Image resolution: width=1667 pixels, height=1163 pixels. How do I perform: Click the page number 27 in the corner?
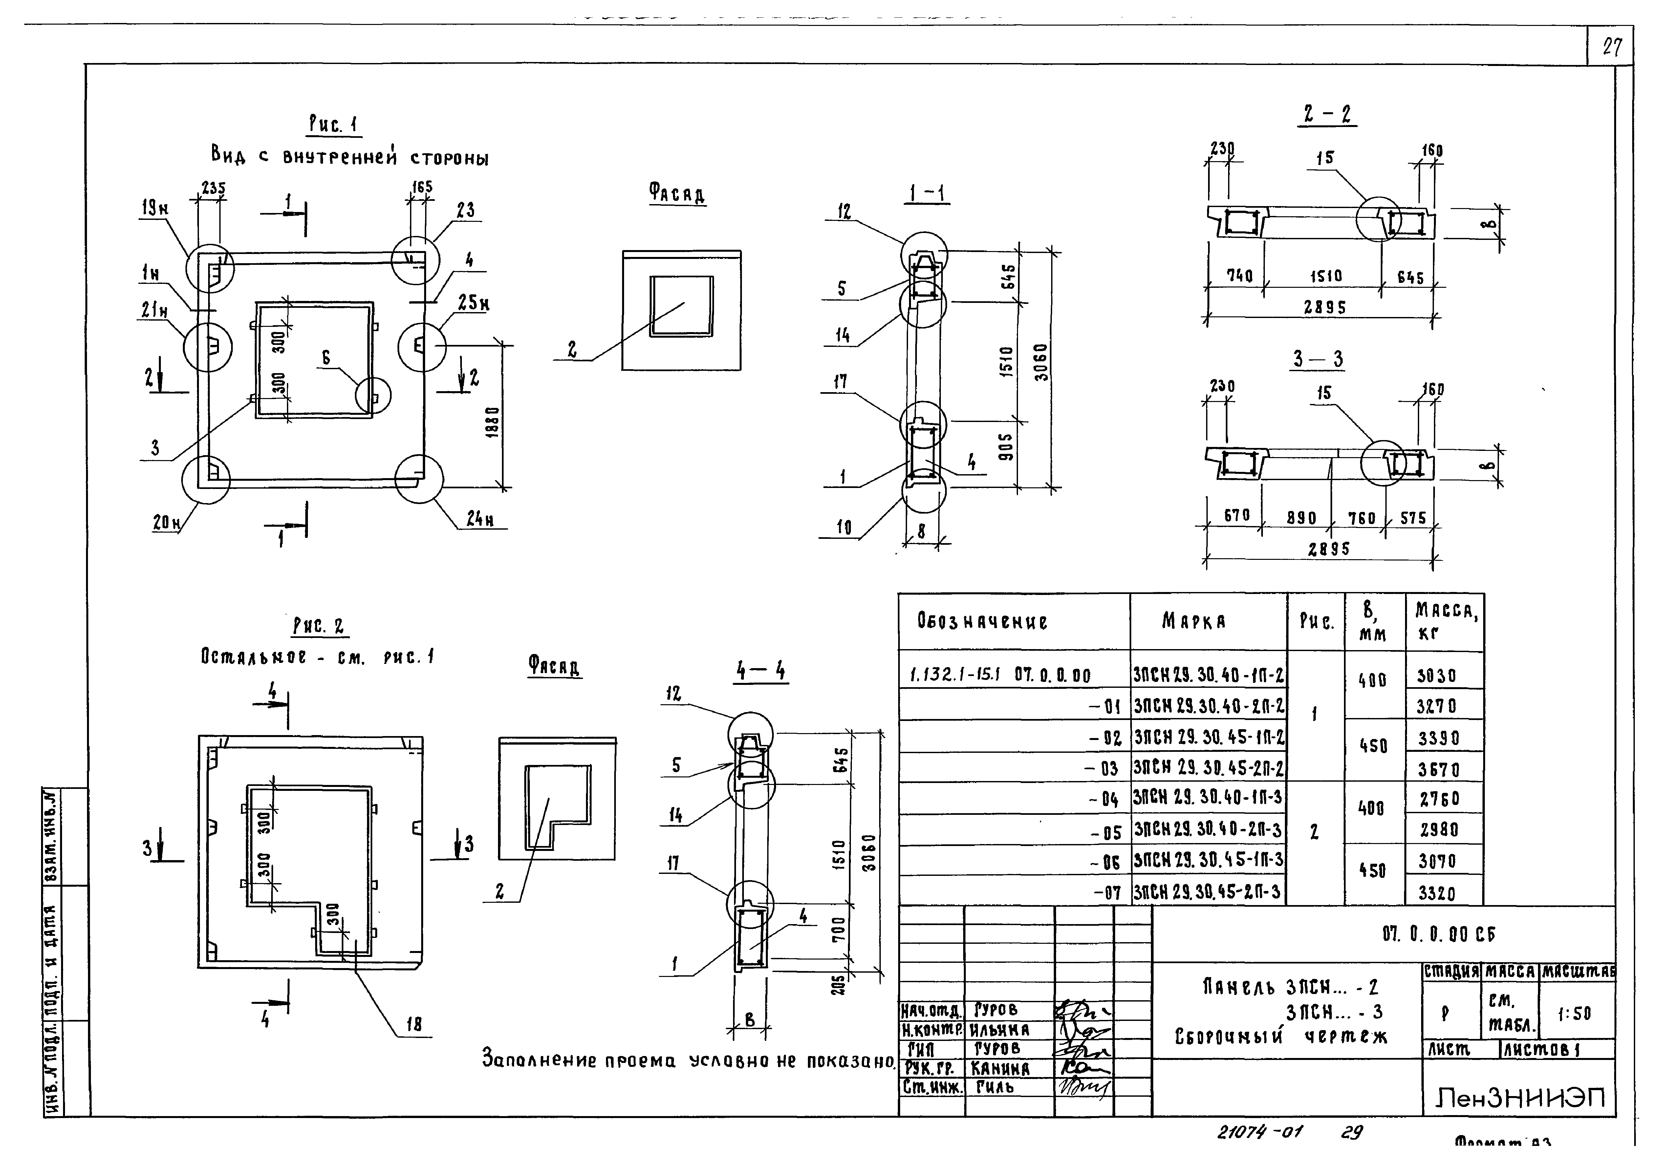click(1612, 48)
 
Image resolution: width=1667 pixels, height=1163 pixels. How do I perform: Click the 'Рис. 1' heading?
click(333, 125)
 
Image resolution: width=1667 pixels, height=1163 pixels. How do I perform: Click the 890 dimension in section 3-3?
click(1301, 518)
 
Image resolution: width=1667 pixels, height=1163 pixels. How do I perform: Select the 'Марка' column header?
click(1194, 622)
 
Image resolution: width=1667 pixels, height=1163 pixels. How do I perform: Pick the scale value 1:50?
click(1574, 1013)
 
